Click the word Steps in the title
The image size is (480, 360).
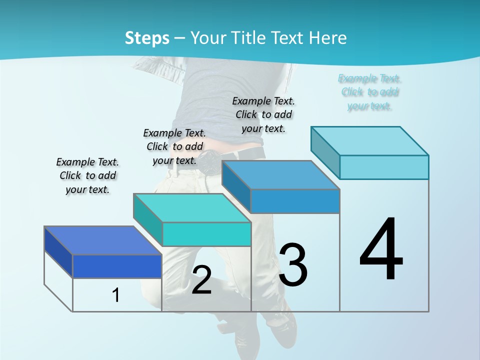[147, 38]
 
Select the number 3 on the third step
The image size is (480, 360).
[293, 264]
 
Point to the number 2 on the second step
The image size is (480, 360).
[201, 280]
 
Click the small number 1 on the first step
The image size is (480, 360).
[116, 295]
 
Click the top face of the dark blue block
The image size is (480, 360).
[103, 240]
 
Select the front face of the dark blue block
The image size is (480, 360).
[117, 266]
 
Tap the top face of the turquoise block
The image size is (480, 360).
[192, 208]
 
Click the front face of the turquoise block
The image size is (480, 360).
[206, 234]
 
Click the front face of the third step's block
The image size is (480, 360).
[295, 201]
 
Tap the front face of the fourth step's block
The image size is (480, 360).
[384, 167]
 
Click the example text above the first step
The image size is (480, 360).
[87, 175]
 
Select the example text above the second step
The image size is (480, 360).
[174, 146]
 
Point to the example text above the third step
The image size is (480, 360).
[263, 114]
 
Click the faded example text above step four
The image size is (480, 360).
[369, 92]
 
